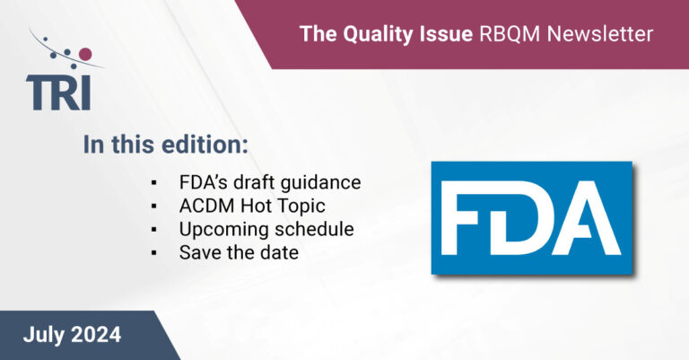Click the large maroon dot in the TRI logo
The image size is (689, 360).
coord(85,55)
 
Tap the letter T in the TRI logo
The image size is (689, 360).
coord(39,93)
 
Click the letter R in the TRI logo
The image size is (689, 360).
coord(70,93)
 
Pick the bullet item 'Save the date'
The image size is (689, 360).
coord(238,253)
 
